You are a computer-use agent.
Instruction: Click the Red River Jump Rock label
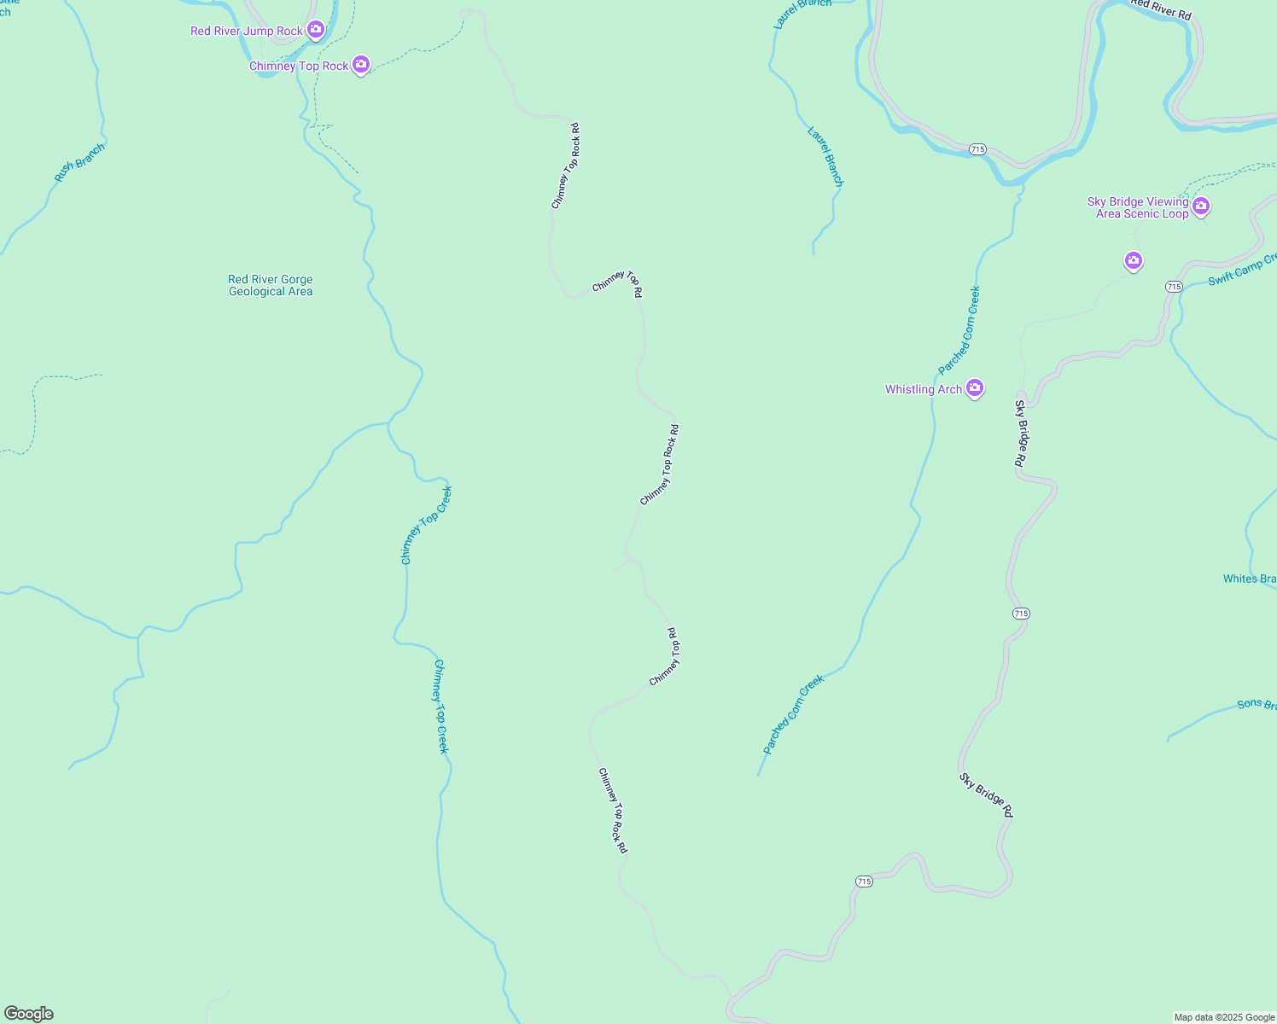[x=246, y=32]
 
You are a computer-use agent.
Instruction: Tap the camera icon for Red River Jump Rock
[x=316, y=31]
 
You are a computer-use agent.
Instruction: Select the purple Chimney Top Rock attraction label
[x=299, y=67]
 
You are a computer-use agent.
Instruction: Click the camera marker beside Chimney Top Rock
[x=361, y=65]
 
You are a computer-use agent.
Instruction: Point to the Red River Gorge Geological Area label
[x=271, y=285]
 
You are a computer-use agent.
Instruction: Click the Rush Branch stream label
[x=79, y=162]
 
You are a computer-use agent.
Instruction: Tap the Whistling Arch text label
[x=924, y=389]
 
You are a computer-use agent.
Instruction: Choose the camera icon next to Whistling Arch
[x=975, y=388]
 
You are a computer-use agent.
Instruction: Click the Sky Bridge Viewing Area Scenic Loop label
[x=1139, y=207]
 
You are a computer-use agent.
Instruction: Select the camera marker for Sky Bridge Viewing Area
[x=1201, y=206]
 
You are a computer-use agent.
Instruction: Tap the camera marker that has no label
[x=1134, y=260]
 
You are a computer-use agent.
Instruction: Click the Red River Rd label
[x=1160, y=9]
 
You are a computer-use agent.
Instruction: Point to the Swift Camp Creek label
[x=1243, y=271]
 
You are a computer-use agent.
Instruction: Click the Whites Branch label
[x=1249, y=579]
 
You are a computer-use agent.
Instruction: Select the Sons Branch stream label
[x=1256, y=705]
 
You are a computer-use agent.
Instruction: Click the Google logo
[x=29, y=1014]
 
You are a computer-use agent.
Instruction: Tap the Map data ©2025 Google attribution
[x=1224, y=1017]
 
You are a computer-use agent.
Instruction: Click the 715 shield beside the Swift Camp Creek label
[x=1174, y=287]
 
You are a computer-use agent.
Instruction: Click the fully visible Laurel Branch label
[x=825, y=157]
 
